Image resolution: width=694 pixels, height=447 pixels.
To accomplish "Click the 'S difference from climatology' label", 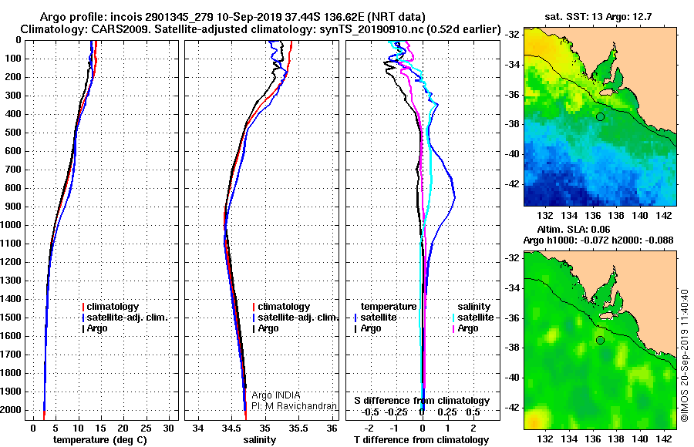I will click(x=422, y=401).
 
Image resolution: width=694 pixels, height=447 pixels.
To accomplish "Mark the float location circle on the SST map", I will click(x=599, y=116).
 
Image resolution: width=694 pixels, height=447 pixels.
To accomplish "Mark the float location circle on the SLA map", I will click(x=599, y=340).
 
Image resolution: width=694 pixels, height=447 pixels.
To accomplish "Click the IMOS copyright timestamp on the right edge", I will click(x=685, y=355).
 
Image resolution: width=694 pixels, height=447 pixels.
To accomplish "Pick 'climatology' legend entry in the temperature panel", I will click(x=112, y=307).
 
